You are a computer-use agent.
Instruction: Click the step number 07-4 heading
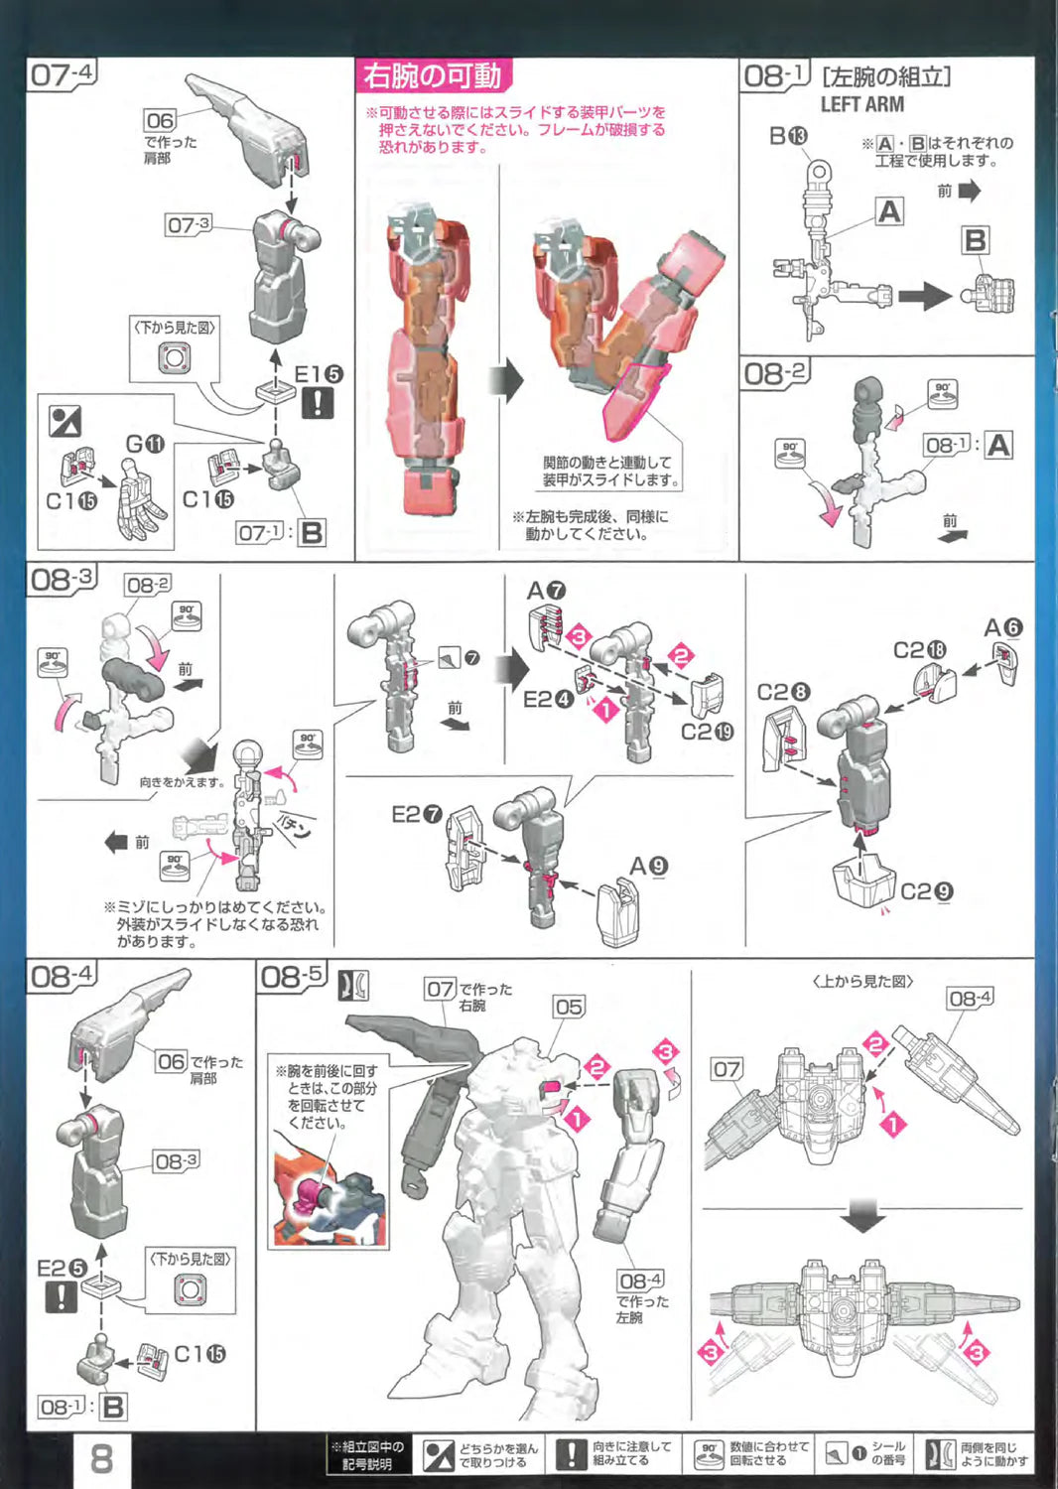pyautogui.click(x=62, y=74)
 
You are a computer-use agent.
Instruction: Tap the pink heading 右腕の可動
pyautogui.click(x=432, y=75)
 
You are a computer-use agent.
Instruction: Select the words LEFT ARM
pyautogui.click(x=861, y=104)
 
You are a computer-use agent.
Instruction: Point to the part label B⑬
pyautogui.click(x=788, y=135)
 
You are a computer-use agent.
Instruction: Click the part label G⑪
pyautogui.click(x=145, y=444)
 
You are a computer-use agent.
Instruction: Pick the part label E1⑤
pyautogui.click(x=318, y=374)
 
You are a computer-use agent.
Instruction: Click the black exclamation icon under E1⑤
pyautogui.click(x=318, y=403)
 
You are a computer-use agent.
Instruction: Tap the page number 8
pyautogui.click(x=101, y=1459)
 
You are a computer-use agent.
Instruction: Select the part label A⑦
pyautogui.click(x=546, y=590)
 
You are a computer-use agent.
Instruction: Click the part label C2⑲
pyautogui.click(x=707, y=732)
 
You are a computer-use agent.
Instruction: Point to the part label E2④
pyautogui.click(x=547, y=699)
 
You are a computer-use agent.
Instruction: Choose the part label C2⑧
pyautogui.click(x=783, y=692)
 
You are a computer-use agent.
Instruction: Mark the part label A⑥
pyautogui.click(x=1002, y=627)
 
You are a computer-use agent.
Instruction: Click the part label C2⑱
pyautogui.click(x=919, y=650)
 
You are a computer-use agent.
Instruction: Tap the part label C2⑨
pyautogui.click(x=926, y=891)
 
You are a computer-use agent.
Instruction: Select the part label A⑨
pyautogui.click(x=648, y=867)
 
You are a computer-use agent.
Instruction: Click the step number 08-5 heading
pyautogui.click(x=292, y=977)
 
